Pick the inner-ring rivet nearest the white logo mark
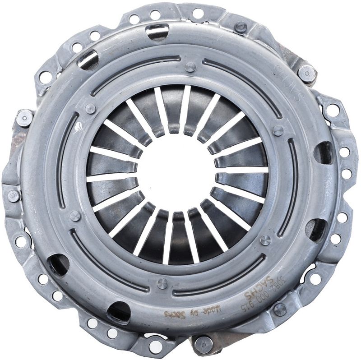pos(90,108)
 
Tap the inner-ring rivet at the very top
pos(190,67)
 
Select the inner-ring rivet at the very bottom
pos(162,283)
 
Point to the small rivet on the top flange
pos(241,27)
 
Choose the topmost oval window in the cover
pos(157,32)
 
